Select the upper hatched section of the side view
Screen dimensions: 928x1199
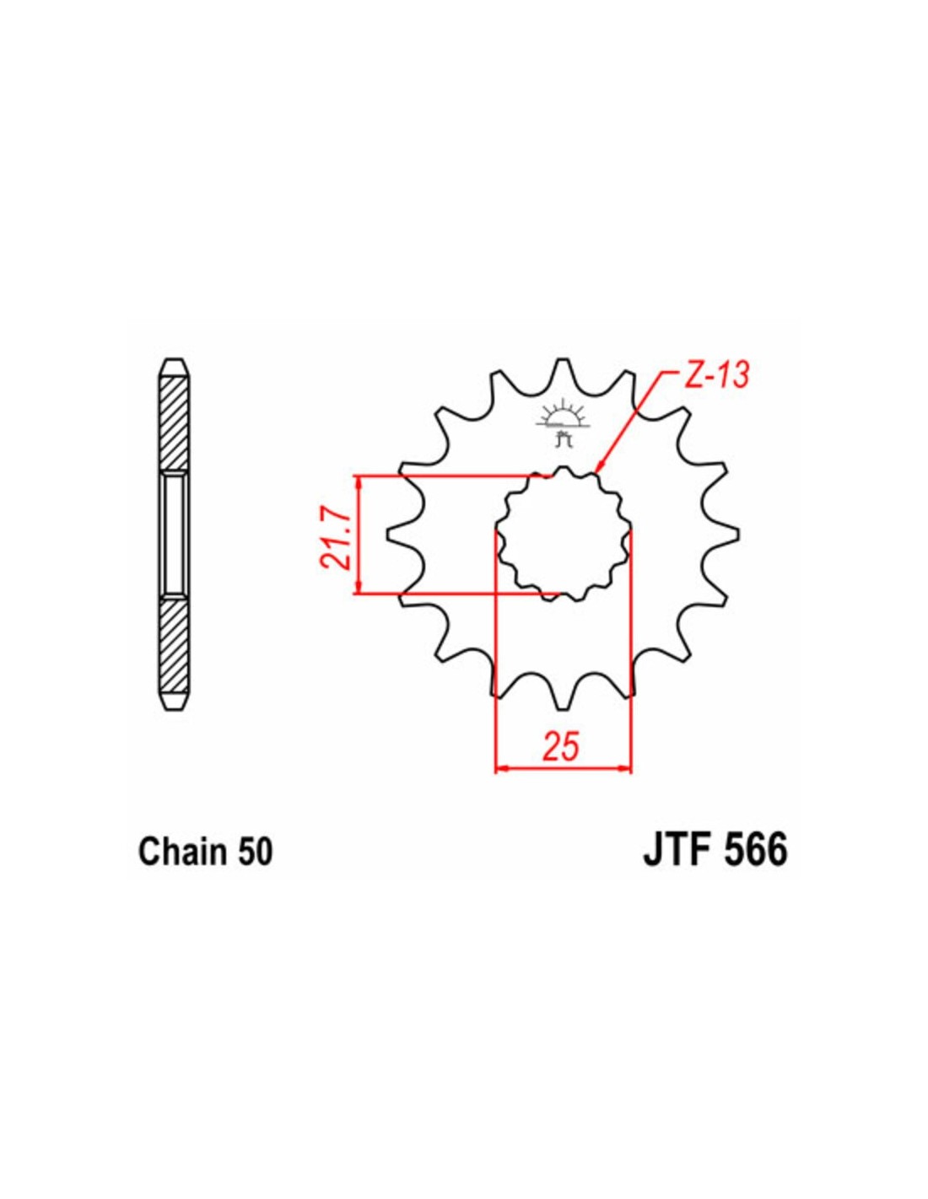point(175,422)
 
